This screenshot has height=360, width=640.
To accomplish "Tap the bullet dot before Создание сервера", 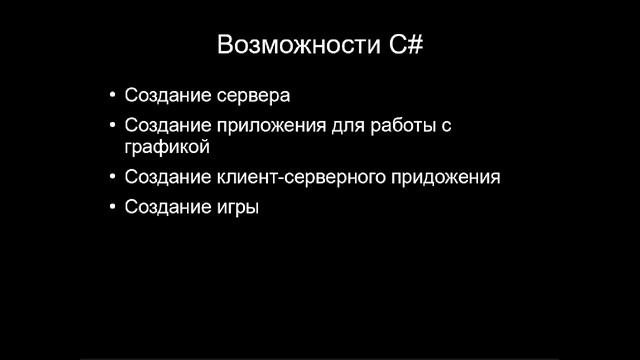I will pos(111,97).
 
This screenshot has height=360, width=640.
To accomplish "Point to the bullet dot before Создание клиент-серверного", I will pos(111,178).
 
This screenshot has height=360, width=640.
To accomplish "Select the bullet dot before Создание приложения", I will pos(111,127).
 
